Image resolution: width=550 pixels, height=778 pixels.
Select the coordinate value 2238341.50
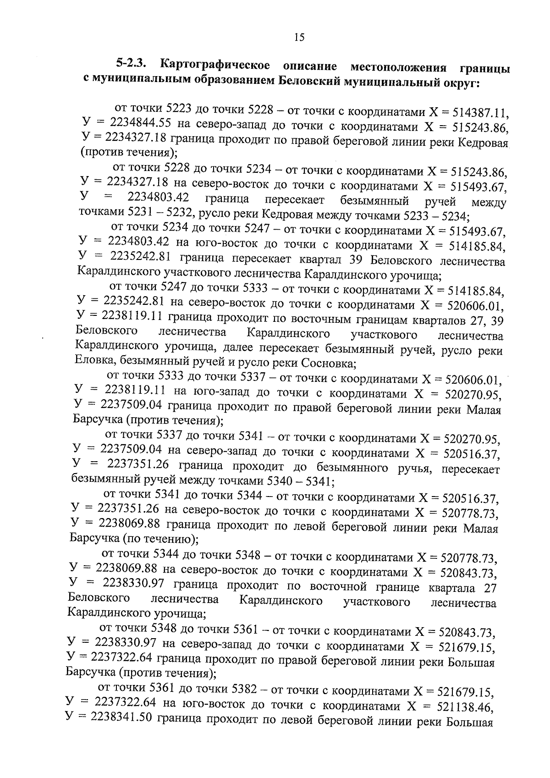click(x=122, y=717)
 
